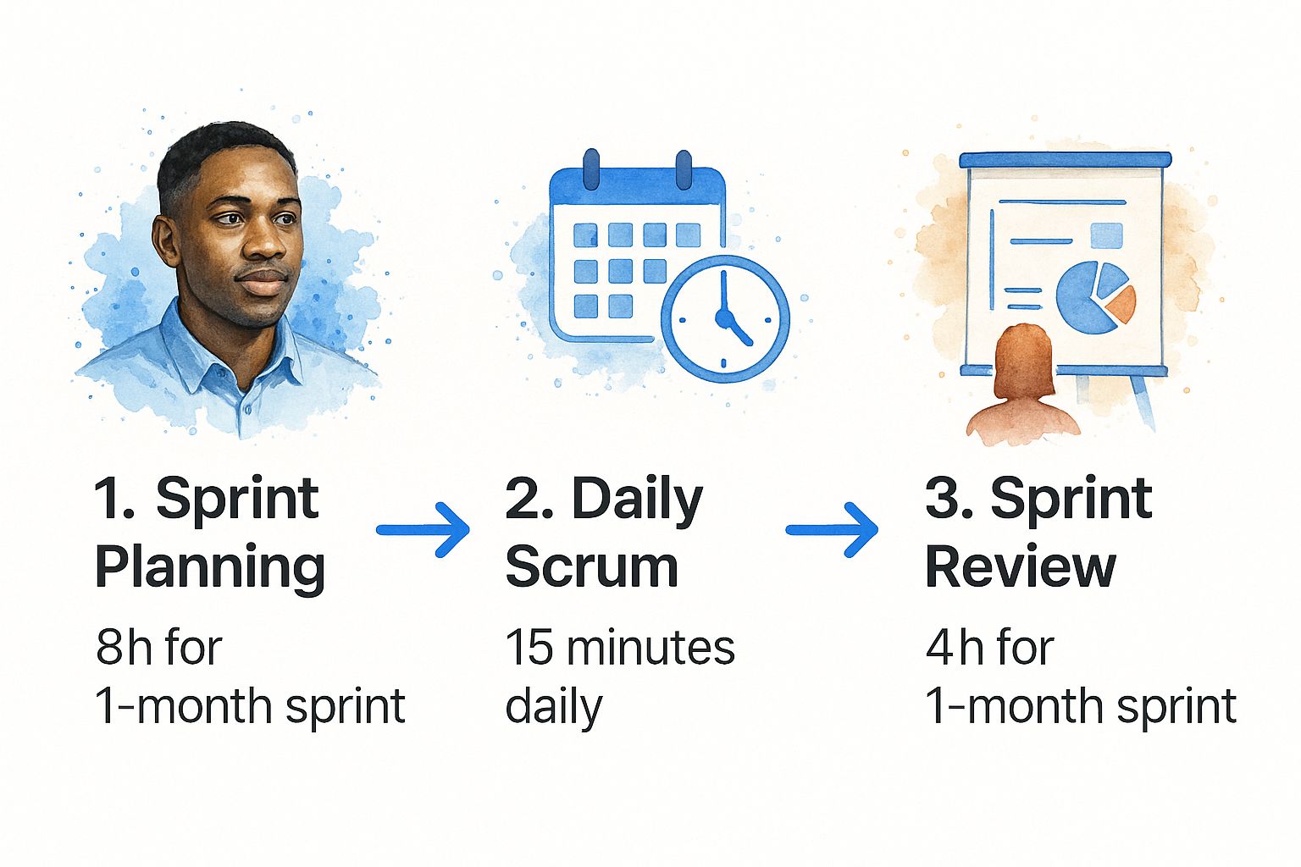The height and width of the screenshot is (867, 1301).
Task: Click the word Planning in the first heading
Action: [x=210, y=567]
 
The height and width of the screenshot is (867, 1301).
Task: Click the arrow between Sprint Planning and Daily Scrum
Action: [x=423, y=530]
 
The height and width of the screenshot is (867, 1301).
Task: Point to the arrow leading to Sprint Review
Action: [x=832, y=530]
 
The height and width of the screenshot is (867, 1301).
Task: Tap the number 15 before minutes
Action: [x=529, y=647]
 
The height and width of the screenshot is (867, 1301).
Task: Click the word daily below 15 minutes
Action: [x=554, y=707]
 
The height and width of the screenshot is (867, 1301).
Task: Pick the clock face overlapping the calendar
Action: [x=724, y=319]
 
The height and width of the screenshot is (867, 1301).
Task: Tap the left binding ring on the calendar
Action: [x=590, y=169]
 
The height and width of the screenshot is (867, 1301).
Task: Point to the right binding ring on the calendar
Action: [x=684, y=169]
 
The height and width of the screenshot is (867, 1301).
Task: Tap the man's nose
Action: [x=263, y=241]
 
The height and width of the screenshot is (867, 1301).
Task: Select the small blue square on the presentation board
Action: [x=1106, y=235]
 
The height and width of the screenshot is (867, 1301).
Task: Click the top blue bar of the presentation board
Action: [x=1066, y=160]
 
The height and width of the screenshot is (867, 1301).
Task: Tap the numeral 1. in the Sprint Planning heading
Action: [x=114, y=499]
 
